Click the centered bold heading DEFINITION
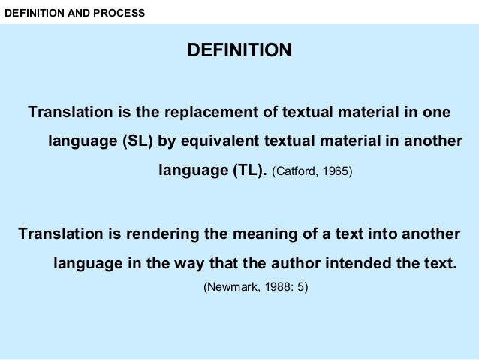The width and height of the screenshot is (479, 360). (239, 51)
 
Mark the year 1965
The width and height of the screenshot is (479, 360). (335, 171)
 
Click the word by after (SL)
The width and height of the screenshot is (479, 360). (166, 141)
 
